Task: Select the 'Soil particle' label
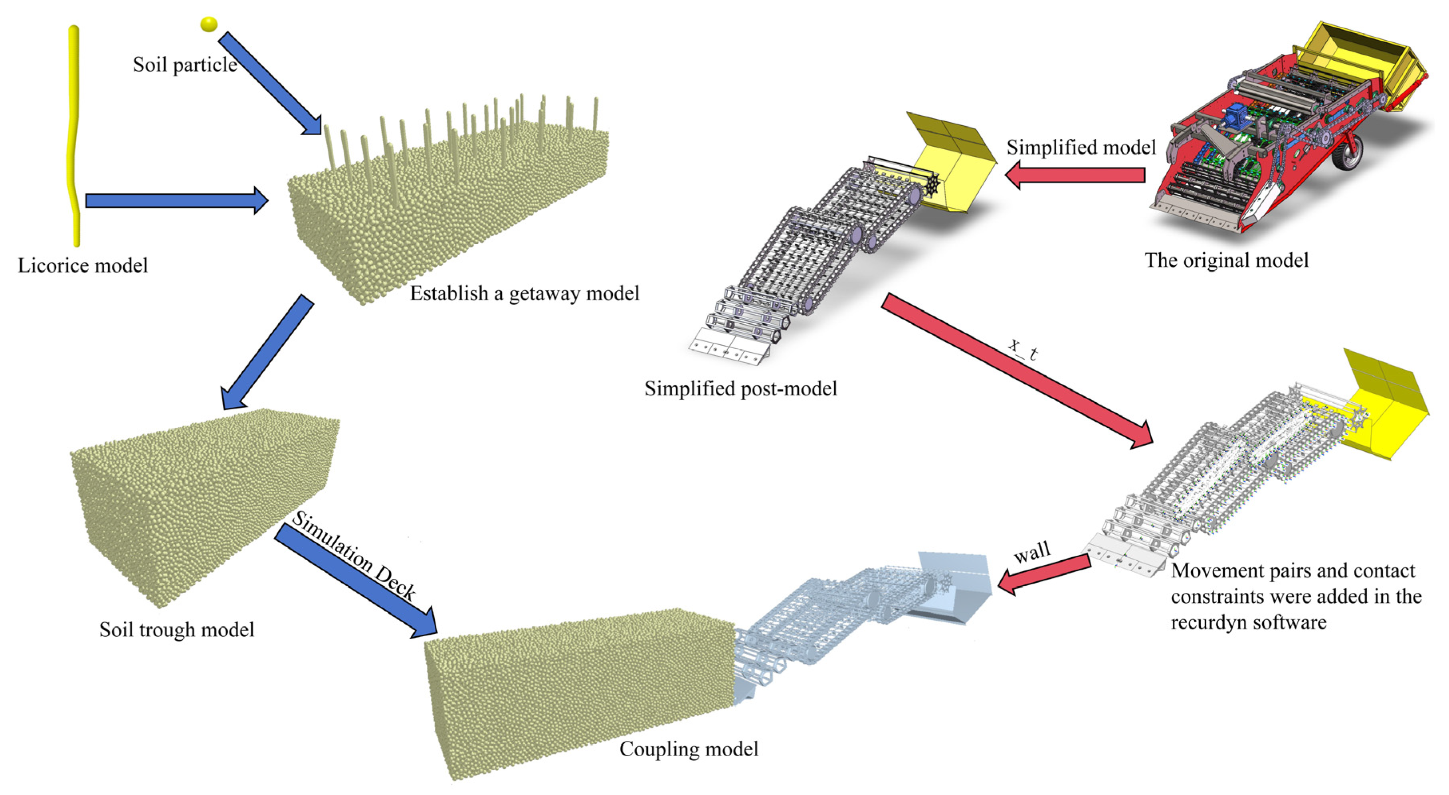pyautogui.click(x=184, y=65)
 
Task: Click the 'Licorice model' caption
pyautogui.click(x=83, y=265)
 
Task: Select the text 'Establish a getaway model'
pyautogui.click(x=524, y=294)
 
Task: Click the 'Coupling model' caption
pyautogui.click(x=689, y=749)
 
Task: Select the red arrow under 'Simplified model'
pyautogui.click(x=1074, y=175)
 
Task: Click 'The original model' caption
pyautogui.click(x=1226, y=260)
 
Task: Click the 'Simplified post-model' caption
pyautogui.click(x=740, y=389)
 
